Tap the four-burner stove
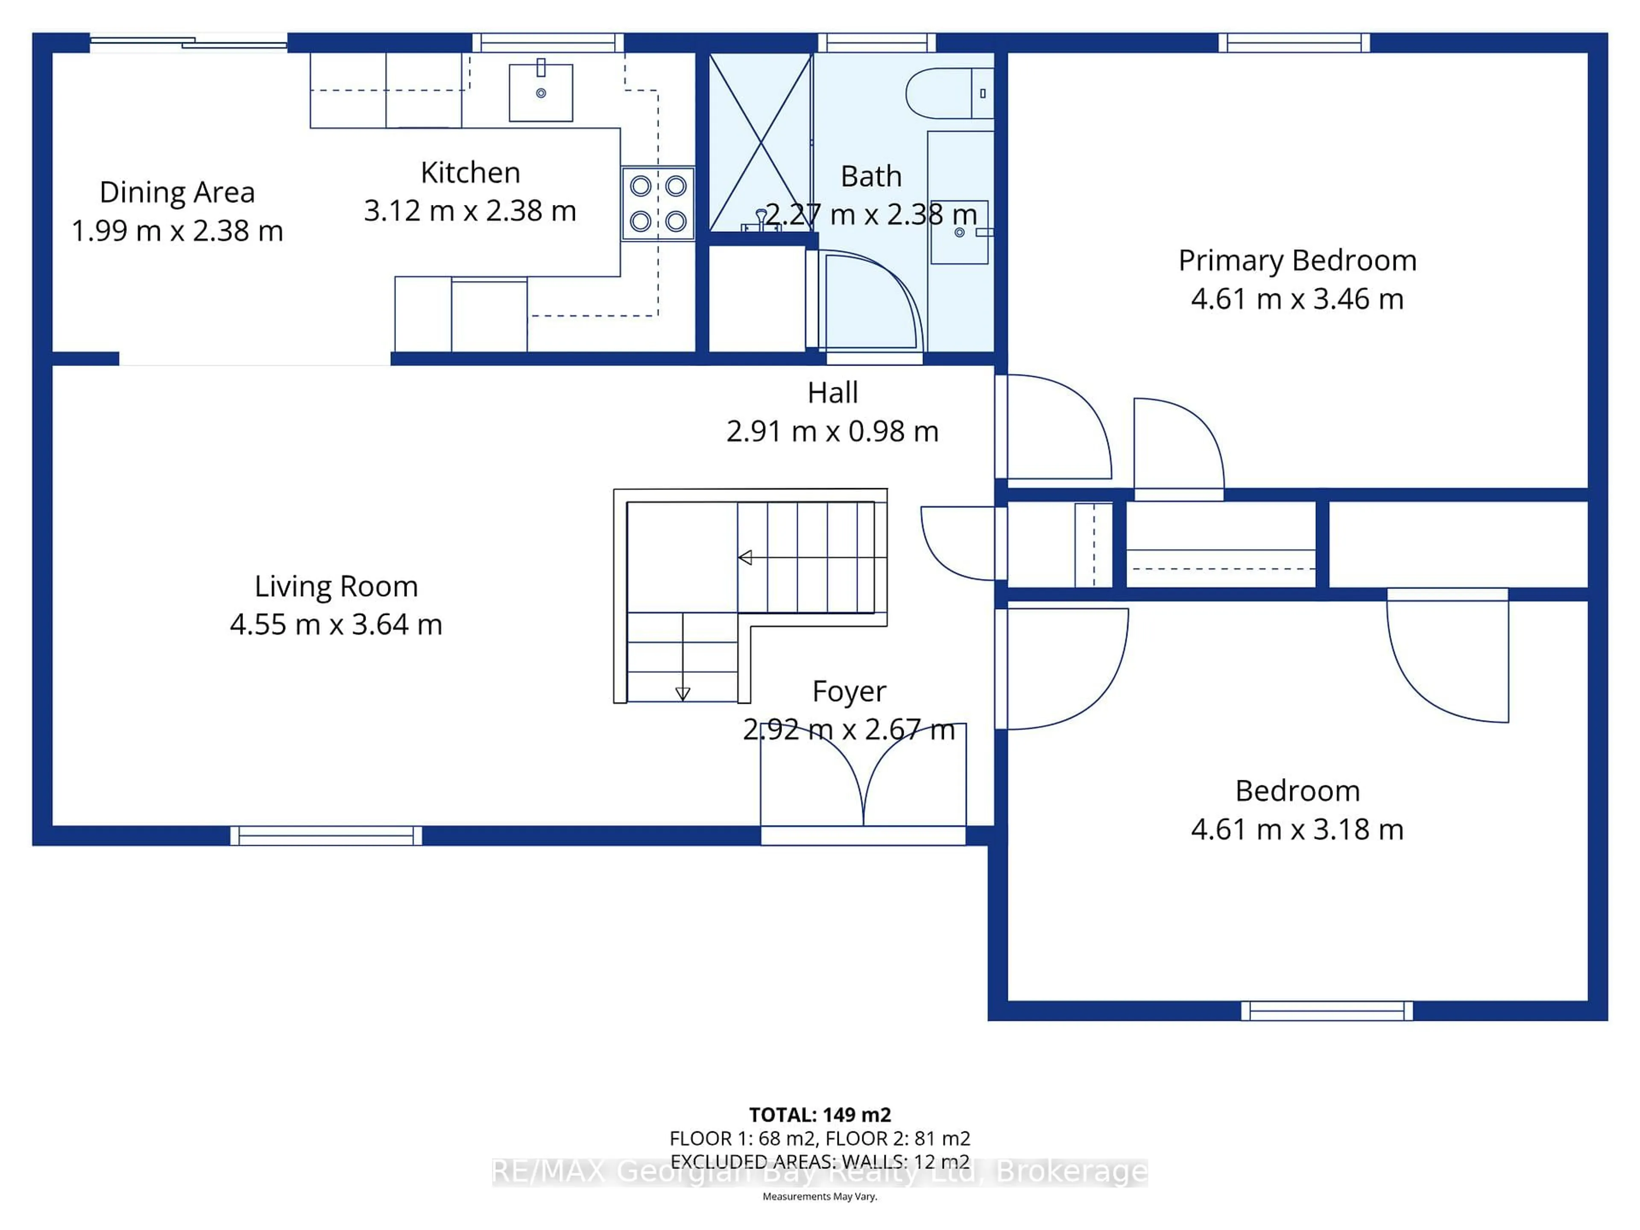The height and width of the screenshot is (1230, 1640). pyautogui.click(x=658, y=204)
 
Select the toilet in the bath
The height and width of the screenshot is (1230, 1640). pyautogui.click(x=948, y=94)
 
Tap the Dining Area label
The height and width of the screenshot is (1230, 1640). pyautogui.click(x=177, y=193)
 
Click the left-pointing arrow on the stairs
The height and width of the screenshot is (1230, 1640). pyautogui.click(x=746, y=557)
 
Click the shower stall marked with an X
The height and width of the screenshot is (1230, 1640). pyautogui.click(x=761, y=142)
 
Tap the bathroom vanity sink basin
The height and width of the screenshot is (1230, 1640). pyautogui.click(x=959, y=232)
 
